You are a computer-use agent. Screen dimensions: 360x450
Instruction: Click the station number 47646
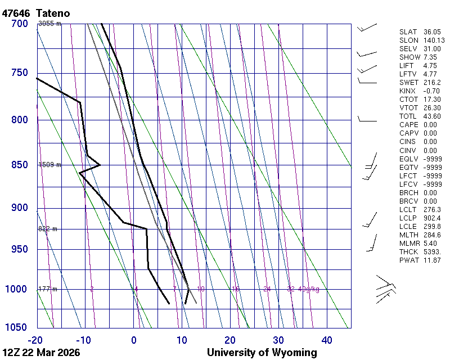pos(16,13)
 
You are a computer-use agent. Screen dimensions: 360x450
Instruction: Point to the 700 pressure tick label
pos(19,24)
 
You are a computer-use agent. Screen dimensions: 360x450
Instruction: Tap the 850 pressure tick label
pos(19,165)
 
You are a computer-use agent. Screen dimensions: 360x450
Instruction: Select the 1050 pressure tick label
pos(16,328)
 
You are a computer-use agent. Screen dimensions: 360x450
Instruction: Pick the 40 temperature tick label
pos(327,340)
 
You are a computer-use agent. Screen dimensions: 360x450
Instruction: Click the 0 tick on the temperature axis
pos(134,340)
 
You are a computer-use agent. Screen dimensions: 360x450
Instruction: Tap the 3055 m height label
pos(49,24)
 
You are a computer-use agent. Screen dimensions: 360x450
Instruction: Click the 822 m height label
pos(48,229)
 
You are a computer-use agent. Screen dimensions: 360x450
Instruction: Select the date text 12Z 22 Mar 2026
pos(40,353)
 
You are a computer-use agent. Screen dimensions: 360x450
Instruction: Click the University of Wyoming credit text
pos(262,353)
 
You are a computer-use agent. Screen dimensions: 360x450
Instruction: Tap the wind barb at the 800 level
pos(367,120)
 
